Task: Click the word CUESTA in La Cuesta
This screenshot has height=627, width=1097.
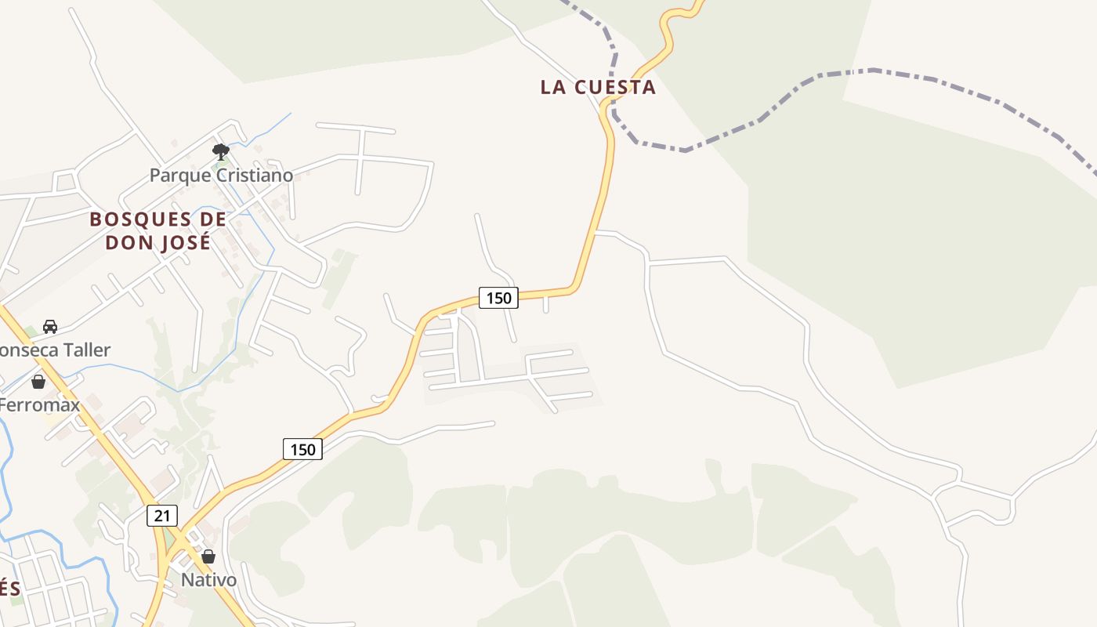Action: pyautogui.click(x=615, y=87)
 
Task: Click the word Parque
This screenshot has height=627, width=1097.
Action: pyautogui.click(x=180, y=175)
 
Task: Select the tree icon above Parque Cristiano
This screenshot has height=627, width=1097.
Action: pyautogui.click(x=221, y=151)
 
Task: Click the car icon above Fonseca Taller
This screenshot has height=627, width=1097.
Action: pyautogui.click(x=50, y=326)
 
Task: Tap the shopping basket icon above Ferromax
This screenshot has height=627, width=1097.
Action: pyautogui.click(x=38, y=382)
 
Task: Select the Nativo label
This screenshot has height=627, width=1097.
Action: pyautogui.click(x=208, y=580)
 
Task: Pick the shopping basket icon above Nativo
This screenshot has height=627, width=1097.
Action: pyautogui.click(x=208, y=556)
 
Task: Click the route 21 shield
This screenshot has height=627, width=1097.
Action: pyautogui.click(x=162, y=515)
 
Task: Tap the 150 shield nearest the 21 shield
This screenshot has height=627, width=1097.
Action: pyautogui.click(x=302, y=449)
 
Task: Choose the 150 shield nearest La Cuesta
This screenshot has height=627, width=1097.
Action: pyautogui.click(x=498, y=298)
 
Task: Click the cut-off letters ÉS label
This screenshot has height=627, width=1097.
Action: pyautogui.click(x=9, y=588)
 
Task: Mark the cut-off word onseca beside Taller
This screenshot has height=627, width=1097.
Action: pyautogui.click(x=24, y=350)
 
